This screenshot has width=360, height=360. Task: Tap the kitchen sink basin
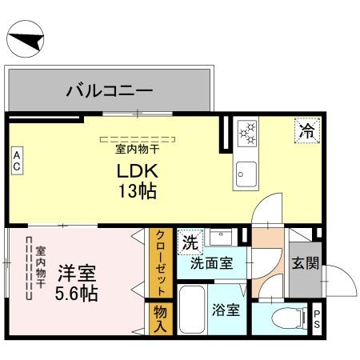(246, 171)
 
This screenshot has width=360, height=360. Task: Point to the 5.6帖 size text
(75, 293)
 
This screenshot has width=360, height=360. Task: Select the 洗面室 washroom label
(211, 263)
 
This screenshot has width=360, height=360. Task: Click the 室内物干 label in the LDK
(138, 149)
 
